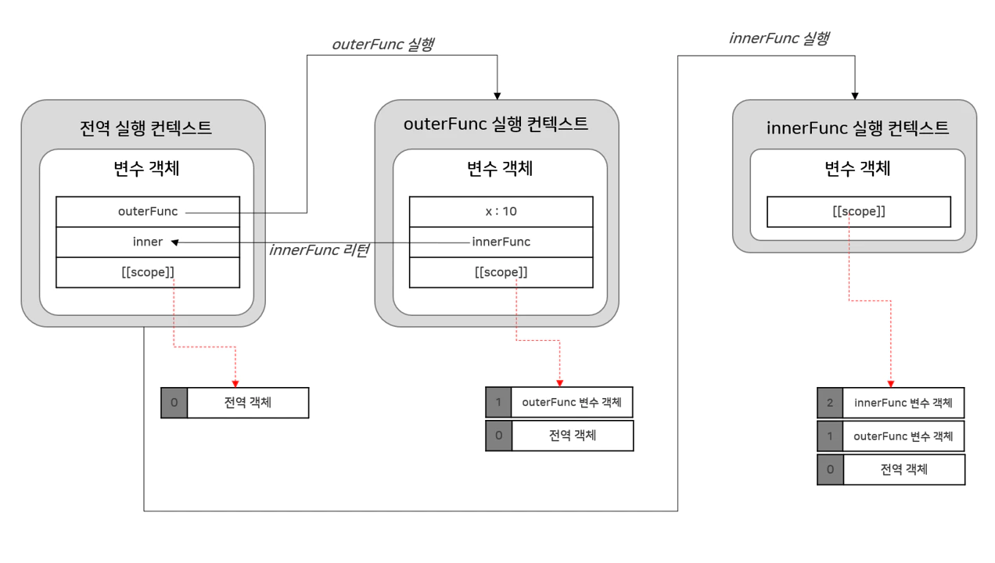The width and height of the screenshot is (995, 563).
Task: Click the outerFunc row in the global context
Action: pyautogui.click(x=148, y=211)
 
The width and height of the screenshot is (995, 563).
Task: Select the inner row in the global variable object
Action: pyautogui.click(x=148, y=242)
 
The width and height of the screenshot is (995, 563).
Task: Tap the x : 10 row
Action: pyautogui.click(x=501, y=211)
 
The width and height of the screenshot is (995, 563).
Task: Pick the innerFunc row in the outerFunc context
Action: pyautogui.click(x=501, y=242)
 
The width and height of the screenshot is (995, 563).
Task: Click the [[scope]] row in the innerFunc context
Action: pyautogui.click(x=858, y=211)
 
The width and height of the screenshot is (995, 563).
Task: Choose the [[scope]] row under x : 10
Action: pyautogui.click(x=501, y=272)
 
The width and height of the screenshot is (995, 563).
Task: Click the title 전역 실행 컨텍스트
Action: pyautogui.click(x=145, y=127)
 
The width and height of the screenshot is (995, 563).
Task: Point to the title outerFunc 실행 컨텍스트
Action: pyautogui.click(x=496, y=124)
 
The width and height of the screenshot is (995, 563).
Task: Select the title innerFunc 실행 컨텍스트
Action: pyautogui.click(x=857, y=127)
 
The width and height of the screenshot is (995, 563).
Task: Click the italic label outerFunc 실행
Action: pyautogui.click(x=383, y=44)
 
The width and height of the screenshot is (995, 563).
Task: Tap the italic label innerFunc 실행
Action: pyautogui.click(x=778, y=38)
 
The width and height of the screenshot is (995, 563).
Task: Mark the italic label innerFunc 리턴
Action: pyautogui.click(x=318, y=250)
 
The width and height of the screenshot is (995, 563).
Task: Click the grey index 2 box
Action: pyautogui.click(x=830, y=403)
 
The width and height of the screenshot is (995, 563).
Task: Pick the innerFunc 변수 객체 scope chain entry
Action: pyautogui.click(x=903, y=403)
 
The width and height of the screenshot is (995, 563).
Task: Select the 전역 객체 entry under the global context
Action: pyautogui.click(x=248, y=403)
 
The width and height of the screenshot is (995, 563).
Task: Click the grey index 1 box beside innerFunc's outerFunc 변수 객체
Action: pyautogui.click(x=830, y=436)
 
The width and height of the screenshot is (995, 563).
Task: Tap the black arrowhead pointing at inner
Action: pyautogui.click(x=175, y=242)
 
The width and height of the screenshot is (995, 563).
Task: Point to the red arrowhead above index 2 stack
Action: pyautogui.click(x=891, y=383)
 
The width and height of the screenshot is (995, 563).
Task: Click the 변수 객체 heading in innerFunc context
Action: pyautogui.click(x=857, y=168)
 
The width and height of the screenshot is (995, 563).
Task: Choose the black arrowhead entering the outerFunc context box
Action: pyautogui.click(x=497, y=95)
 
